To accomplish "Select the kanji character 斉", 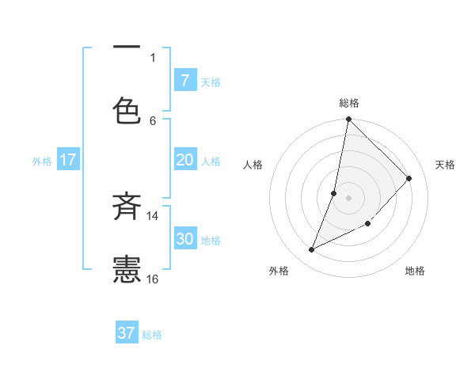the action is (127, 207).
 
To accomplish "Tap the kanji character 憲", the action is (127, 269).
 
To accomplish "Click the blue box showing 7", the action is (184, 81).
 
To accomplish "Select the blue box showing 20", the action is (184, 160).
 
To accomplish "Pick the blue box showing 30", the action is (184, 239).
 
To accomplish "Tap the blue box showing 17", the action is (67, 160).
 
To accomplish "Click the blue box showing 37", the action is (127, 333).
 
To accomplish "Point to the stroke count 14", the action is (153, 215).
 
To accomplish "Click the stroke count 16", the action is (153, 279).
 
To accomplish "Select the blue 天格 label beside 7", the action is (211, 82).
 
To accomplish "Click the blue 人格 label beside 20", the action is (211, 161).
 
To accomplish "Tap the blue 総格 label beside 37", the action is (152, 335).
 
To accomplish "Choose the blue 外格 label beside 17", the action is (42, 161).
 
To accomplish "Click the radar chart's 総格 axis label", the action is (349, 103).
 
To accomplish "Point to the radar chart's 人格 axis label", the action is (253, 165).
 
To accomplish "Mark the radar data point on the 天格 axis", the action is (409, 178).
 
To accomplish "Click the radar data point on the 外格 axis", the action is (312, 250).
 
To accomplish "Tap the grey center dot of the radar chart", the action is (348, 197).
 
